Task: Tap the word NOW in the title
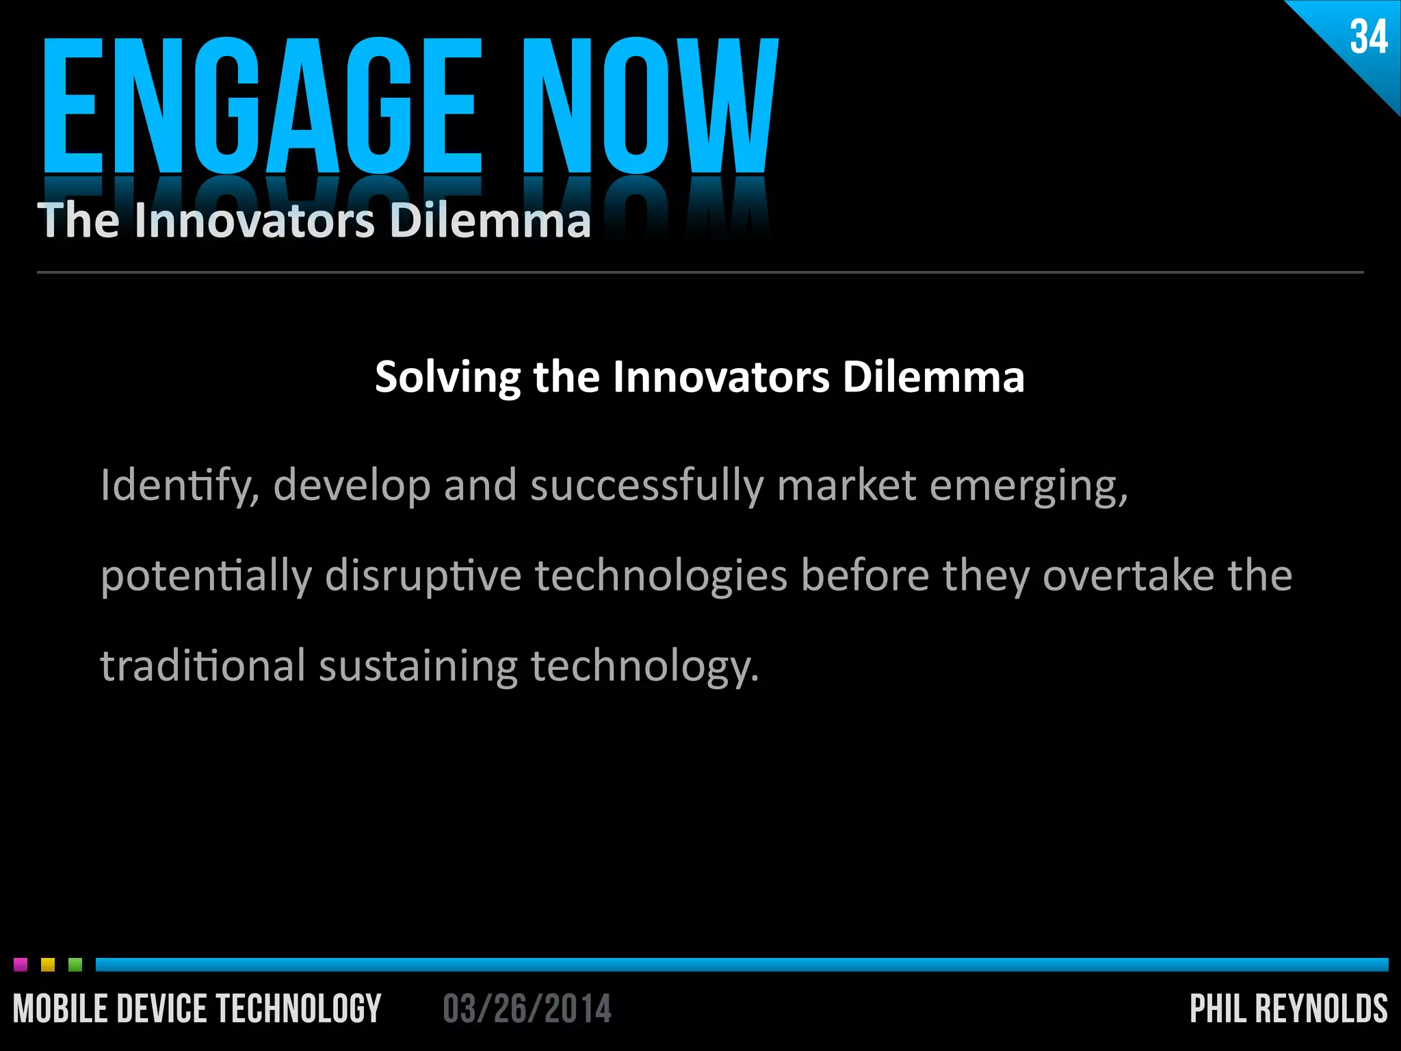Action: coord(650,106)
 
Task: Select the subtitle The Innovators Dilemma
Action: coord(314,220)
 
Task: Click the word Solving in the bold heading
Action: coord(447,377)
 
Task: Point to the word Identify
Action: coord(179,486)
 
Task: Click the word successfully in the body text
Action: coord(646,486)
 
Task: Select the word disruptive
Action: coord(423,576)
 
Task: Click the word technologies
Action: coord(661,576)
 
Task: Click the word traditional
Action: coord(203,666)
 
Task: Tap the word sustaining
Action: coord(418,666)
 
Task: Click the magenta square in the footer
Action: coord(21,965)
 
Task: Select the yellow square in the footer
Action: coord(48,965)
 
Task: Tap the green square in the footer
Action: coord(75,965)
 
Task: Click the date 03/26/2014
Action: coord(527,1009)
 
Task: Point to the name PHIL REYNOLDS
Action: coord(1288,1009)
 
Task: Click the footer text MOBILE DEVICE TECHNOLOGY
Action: coord(197,1009)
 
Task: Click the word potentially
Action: coord(205,576)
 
